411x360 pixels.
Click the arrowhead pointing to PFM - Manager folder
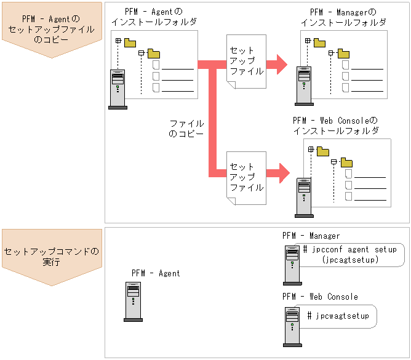(x=281, y=63)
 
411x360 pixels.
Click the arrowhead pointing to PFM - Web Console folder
(x=282, y=172)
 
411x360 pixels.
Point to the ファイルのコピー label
(x=186, y=129)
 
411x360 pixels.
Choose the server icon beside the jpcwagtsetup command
(x=292, y=325)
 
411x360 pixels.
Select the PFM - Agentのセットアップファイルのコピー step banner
(x=52, y=30)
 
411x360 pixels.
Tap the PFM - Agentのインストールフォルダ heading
(x=154, y=17)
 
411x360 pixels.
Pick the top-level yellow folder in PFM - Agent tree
(x=130, y=42)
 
